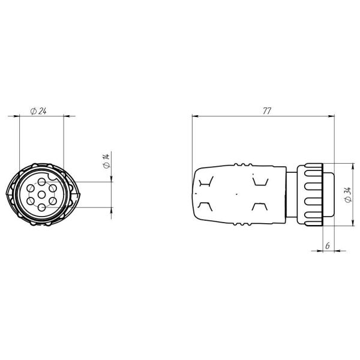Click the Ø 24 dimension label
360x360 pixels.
click(x=38, y=111)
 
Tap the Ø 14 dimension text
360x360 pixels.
click(x=106, y=161)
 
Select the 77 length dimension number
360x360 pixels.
click(x=267, y=111)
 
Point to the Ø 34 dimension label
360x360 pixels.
click(x=348, y=195)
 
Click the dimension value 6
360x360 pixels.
click(x=328, y=245)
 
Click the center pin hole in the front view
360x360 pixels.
click(x=41, y=195)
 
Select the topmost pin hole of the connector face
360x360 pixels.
click(x=41, y=182)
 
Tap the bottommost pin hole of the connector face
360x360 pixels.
click(x=41, y=208)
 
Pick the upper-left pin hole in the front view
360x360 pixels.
click(x=31, y=188)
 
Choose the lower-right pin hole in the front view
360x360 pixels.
click(x=53, y=202)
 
